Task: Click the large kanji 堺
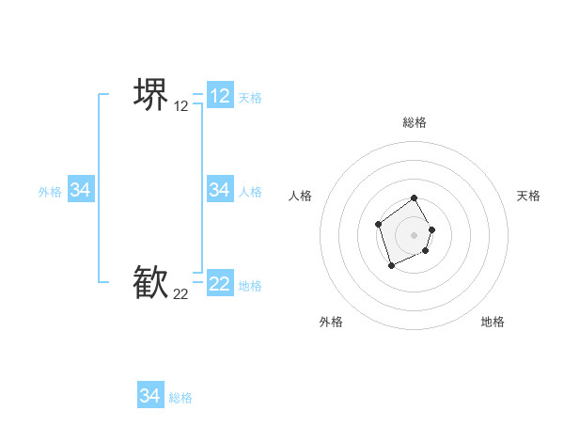point(150,94)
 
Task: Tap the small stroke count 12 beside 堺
point(181,106)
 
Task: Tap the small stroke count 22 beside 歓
point(181,294)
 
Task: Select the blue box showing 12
point(220,96)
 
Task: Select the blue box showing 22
point(220,284)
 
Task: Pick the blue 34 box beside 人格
point(220,190)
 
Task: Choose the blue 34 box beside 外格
point(81,190)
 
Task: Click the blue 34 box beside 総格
point(150,396)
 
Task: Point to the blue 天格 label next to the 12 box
point(250,98)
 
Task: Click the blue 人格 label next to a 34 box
point(250,192)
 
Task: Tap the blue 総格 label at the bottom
point(180,398)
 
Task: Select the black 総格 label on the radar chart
point(415,122)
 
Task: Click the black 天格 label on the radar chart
point(528,196)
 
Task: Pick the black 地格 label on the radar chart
point(493,322)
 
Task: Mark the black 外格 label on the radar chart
point(331,322)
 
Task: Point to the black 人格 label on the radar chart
point(301,196)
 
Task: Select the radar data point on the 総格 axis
point(415,199)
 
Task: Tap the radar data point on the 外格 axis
point(392,266)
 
